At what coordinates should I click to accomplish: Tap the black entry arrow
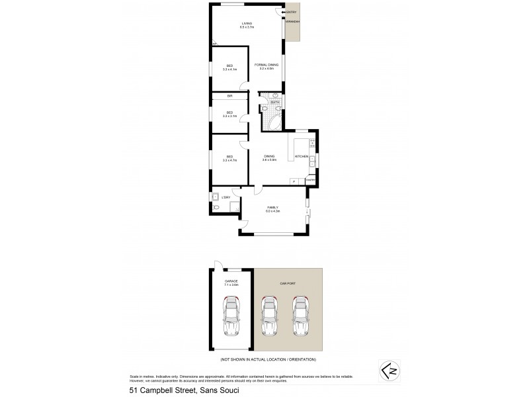(x=284, y=13)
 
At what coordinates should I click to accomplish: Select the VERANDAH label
(x=293, y=22)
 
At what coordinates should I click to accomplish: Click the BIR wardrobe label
(x=229, y=96)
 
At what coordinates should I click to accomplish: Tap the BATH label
(x=274, y=102)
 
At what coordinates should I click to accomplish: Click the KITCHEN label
(x=301, y=156)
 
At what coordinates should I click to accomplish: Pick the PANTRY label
(x=311, y=180)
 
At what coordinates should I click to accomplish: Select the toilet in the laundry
(x=217, y=208)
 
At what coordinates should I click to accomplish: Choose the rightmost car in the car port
(x=301, y=316)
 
